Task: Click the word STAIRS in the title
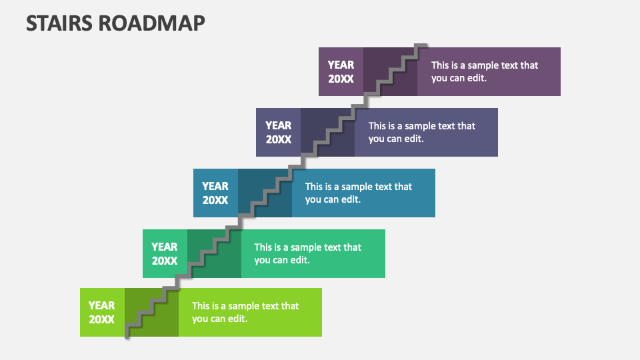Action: tap(59, 23)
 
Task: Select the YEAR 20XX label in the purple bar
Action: tap(341, 71)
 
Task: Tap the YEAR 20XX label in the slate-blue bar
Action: tap(278, 132)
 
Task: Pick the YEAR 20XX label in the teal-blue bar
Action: tap(215, 193)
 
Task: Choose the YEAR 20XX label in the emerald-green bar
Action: tap(164, 253)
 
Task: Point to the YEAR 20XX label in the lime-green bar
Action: tap(101, 312)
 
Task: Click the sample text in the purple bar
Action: tap(484, 71)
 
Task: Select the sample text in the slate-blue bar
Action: tap(421, 132)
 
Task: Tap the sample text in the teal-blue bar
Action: tap(359, 193)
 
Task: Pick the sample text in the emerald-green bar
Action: tap(307, 253)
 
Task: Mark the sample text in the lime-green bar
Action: tap(245, 312)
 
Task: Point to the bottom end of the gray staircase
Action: tap(127, 336)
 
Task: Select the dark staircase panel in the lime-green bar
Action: tap(151, 312)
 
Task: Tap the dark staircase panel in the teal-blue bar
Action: tap(265, 193)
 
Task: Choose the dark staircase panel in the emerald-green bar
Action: tap(214, 253)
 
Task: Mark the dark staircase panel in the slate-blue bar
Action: tap(327, 132)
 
